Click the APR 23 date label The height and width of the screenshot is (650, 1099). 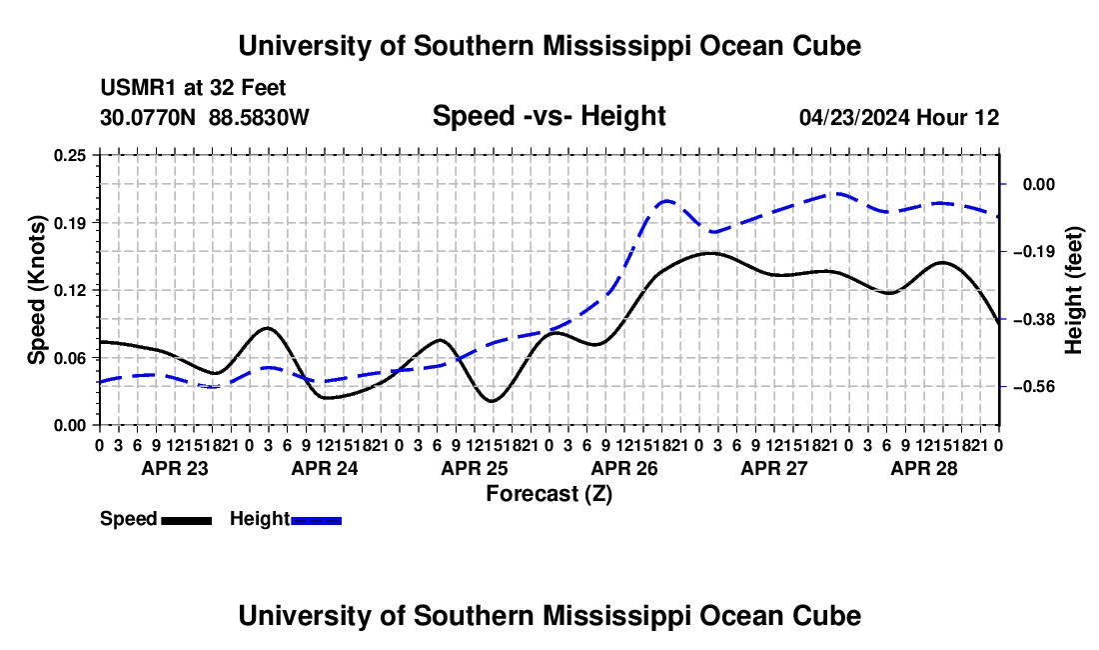coord(175,468)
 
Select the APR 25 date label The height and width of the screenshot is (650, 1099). coord(475,468)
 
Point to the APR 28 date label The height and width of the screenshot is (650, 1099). coord(924,468)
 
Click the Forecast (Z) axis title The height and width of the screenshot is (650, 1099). coord(549,494)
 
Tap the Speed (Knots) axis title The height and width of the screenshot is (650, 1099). coord(36,290)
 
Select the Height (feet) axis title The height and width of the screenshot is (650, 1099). coord(1074,290)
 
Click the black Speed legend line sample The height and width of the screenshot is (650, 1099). coord(187,521)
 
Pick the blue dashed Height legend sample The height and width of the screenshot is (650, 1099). coord(316,521)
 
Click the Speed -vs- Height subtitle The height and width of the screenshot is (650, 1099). coord(549,116)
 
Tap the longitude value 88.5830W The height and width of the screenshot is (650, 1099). coord(259,117)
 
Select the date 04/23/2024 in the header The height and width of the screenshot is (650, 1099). coord(854,117)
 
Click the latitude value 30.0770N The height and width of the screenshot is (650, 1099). coord(148,117)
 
